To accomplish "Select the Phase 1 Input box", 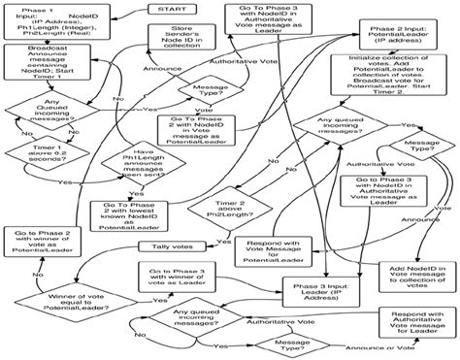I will coord(46,24).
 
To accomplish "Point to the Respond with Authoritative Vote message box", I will coord(404,328).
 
